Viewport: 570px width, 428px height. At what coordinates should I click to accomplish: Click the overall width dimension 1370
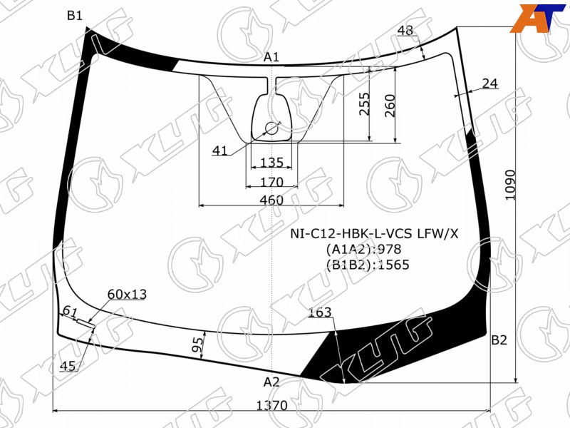(x=272, y=405)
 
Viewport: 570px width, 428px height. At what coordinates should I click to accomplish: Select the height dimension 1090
(x=511, y=185)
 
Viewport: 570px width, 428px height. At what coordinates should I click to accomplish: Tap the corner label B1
(x=75, y=15)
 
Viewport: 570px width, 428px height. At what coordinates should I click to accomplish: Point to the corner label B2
(x=499, y=340)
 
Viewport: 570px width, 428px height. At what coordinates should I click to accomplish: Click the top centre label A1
(x=271, y=57)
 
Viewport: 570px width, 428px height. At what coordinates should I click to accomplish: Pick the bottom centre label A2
(x=271, y=382)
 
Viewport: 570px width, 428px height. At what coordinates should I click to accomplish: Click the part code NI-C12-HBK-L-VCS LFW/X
(x=374, y=233)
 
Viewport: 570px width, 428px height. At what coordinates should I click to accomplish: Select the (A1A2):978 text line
(x=363, y=249)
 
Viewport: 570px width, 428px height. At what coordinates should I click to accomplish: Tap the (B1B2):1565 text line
(x=368, y=265)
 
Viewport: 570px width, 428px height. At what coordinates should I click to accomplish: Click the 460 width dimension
(x=271, y=200)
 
